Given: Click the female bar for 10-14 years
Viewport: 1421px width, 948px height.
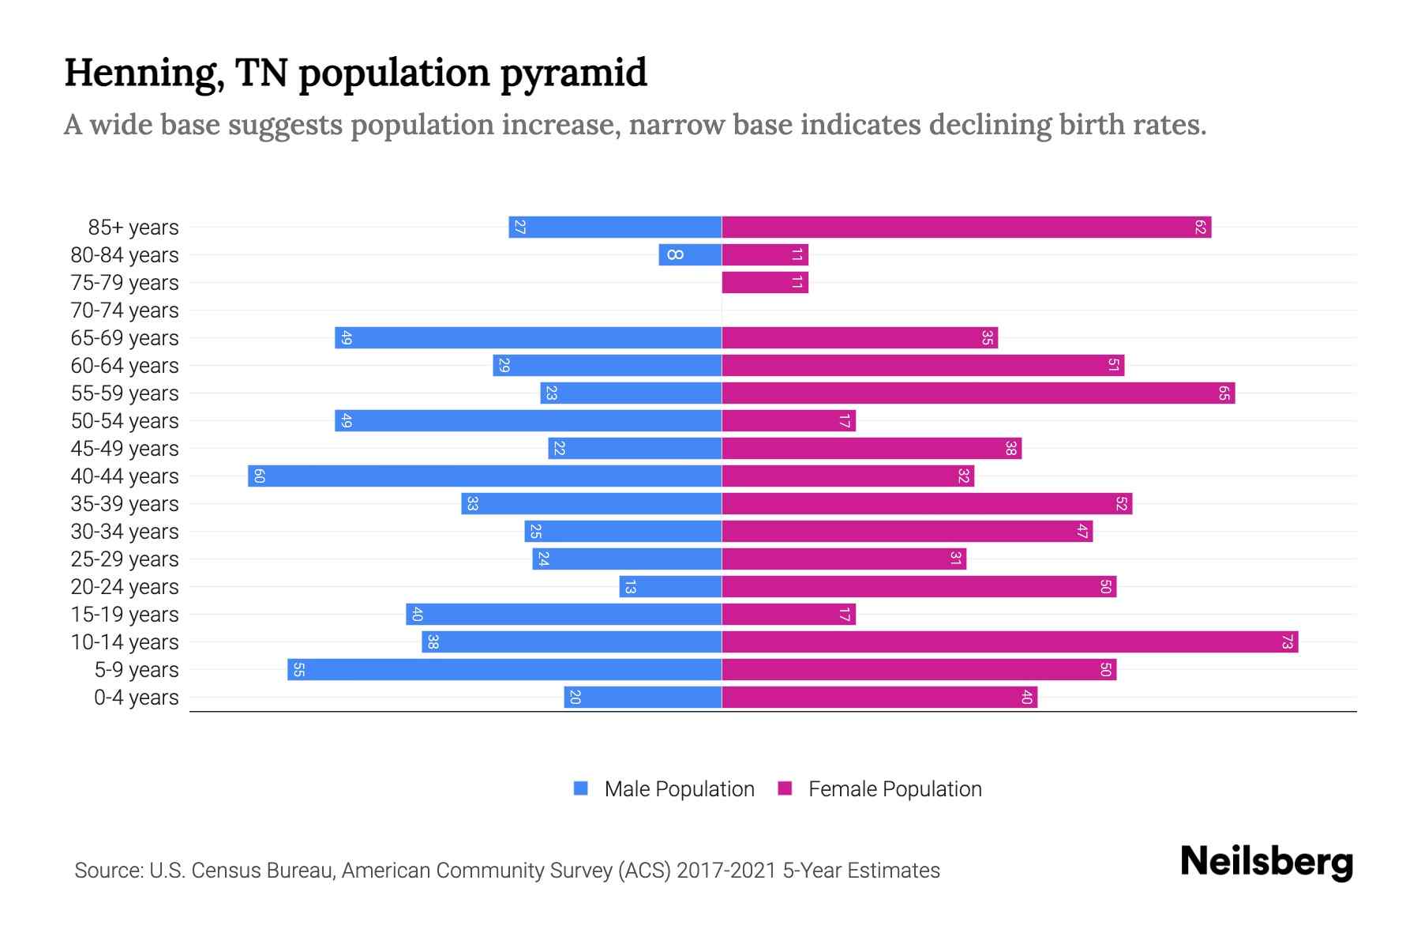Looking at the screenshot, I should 1010,641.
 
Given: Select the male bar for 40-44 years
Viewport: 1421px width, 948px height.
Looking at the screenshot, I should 485,476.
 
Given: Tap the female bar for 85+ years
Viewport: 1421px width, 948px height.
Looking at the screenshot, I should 966,227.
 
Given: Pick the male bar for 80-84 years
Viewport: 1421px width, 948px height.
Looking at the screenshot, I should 690,254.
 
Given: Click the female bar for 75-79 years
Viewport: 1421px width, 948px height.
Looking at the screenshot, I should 764,282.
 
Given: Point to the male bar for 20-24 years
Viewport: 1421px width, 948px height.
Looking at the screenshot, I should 670,586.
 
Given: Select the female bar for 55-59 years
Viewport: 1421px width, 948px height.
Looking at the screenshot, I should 978,393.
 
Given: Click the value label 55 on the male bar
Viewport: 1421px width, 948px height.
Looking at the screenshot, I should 298,670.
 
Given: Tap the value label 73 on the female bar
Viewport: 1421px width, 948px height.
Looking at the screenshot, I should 1286,642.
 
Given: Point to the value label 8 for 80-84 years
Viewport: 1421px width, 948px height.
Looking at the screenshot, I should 674,254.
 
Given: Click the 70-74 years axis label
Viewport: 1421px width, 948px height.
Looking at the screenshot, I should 125,310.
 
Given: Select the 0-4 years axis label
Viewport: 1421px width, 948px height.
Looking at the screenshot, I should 136,698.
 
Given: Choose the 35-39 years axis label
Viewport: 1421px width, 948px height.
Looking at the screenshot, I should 125,504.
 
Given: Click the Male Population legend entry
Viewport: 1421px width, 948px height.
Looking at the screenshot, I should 678,788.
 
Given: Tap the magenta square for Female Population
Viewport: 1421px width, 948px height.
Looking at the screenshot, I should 785,788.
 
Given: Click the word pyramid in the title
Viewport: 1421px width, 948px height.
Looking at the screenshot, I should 574,73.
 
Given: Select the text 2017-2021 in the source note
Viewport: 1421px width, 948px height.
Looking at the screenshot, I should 725,871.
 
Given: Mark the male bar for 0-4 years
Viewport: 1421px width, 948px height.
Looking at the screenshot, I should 643,697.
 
